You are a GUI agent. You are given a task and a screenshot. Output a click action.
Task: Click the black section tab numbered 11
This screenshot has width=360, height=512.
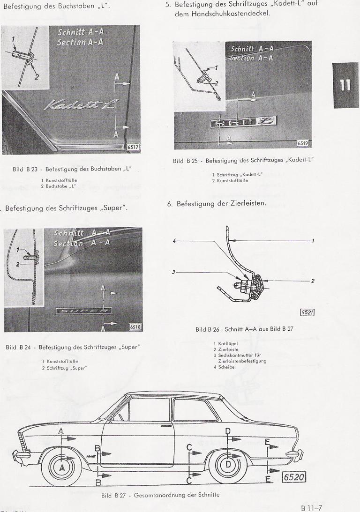tap(345, 85)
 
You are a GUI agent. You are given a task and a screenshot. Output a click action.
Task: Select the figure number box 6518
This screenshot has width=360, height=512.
tap(135, 327)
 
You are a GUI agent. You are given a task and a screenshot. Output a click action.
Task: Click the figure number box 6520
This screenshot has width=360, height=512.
tap(294, 477)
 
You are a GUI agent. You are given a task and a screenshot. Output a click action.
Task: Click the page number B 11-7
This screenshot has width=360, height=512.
tap(313, 507)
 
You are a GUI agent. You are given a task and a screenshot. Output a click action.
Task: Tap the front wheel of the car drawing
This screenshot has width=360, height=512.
tap(61, 467)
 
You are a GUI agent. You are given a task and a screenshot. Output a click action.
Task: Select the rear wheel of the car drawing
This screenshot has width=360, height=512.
tap(228, 464)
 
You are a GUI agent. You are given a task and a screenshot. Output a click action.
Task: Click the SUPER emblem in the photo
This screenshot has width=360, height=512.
tap(83, 311)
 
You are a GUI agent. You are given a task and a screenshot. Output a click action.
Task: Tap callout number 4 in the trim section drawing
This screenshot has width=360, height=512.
tap(174, 241)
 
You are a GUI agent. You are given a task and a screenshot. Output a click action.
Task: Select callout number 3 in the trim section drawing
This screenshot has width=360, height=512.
tap(173, 272)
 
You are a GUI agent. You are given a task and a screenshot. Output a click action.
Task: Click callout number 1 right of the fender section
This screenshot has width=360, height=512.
tap(313, 241)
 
